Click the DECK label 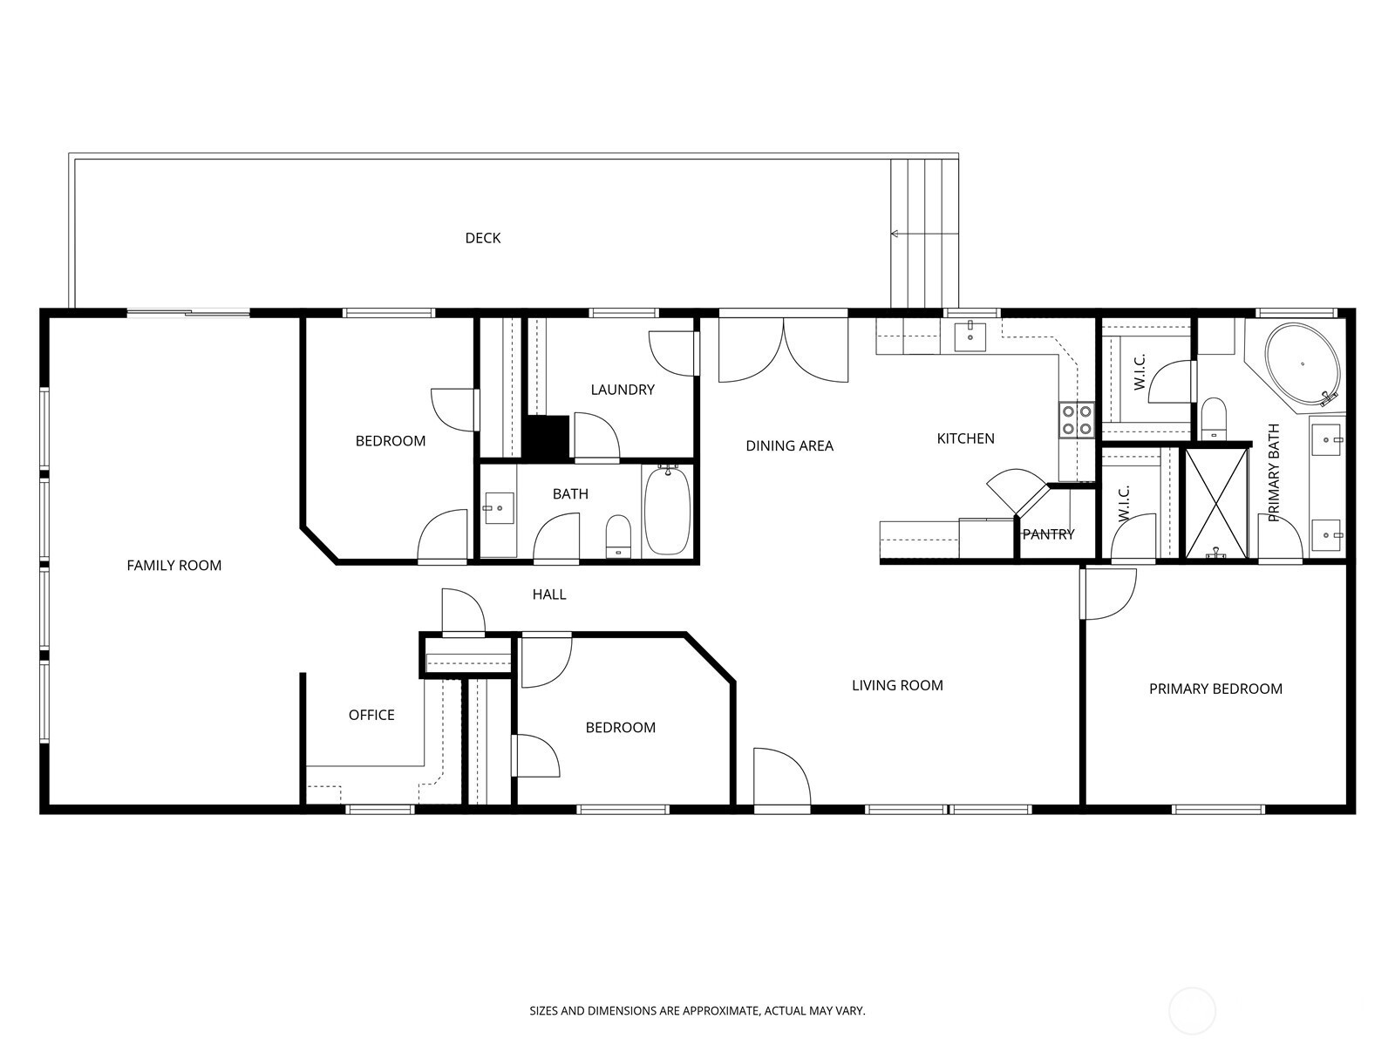point(482,238)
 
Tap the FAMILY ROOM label point(174,565)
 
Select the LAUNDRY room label point(623,390)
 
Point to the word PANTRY point(1048,534)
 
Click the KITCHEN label point(965,438)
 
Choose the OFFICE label point(371,715)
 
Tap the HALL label point(549,594)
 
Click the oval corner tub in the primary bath point(1303,364)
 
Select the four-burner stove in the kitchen point(1077,420)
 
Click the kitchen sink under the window point(970,336)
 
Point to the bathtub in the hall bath point(667,511)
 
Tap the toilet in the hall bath point(618,535)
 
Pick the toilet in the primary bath point(1214,418)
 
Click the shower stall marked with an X point(1216,503)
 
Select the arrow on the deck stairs point(924,234)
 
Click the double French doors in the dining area point(783,350)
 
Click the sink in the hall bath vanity point(500,508)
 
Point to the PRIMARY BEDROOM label point(1215,689)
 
